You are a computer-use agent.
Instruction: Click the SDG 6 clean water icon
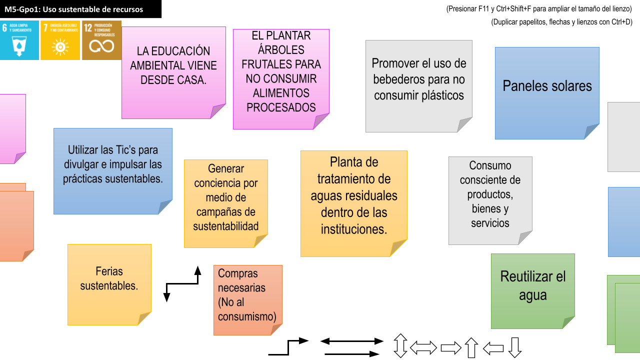tap(19, 40)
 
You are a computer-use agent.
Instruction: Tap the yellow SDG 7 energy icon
tap(60, 40)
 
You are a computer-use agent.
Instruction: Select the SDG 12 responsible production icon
tap(101, 40)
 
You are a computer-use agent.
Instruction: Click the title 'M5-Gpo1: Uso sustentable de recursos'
tap(73, 9)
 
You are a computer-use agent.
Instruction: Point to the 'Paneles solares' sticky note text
tap(547, 86)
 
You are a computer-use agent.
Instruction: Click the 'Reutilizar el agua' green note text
tap(533, 285)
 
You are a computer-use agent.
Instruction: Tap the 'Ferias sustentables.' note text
tap(109, 278)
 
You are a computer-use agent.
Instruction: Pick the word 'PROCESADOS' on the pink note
tap(281, 107)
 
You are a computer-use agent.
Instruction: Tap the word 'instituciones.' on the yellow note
tap(354, 229)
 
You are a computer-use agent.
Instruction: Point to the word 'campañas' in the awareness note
tap(225, 211)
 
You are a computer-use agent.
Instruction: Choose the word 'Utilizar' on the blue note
tap(85, 150)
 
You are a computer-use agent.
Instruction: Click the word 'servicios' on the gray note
tap(490, 223)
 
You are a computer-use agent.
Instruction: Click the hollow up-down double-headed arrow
tap(400, 346)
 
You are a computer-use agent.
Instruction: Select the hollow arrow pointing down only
tap(515, 347)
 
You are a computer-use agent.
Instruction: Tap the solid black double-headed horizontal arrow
tap(351, 341)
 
